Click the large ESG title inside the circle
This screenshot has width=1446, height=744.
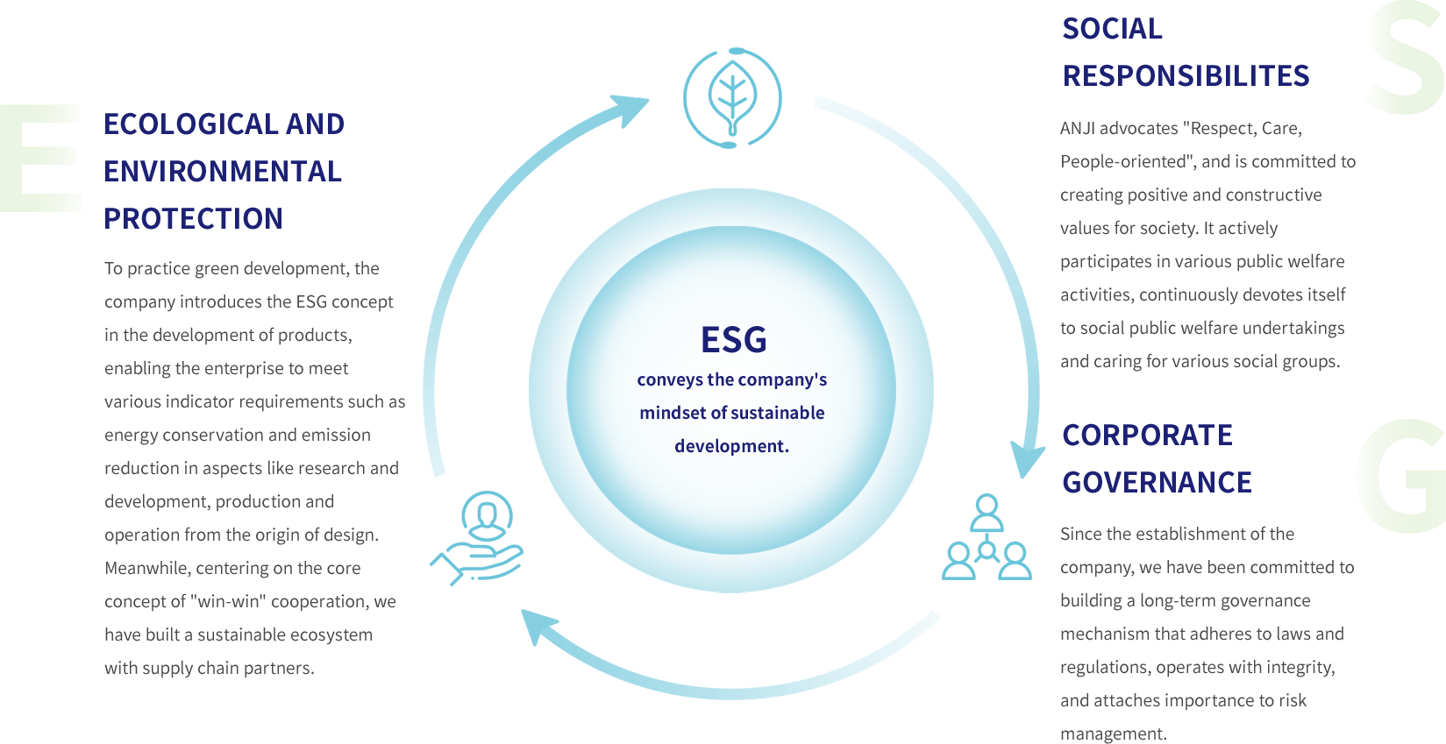tap(733, 340)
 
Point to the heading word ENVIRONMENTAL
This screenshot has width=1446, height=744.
tap(223, 172)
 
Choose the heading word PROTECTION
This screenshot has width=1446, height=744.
tap(194, 218)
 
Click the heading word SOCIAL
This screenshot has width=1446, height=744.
tap(1112, 30)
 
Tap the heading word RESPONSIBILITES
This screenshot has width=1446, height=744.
tap(1186, 76)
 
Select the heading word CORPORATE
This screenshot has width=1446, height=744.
tap(1148, 436)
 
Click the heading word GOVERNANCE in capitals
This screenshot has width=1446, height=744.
tap(1157, 482)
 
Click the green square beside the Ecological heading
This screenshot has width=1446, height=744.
tap(40, 158)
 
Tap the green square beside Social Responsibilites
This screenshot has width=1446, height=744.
tap(1404, 57)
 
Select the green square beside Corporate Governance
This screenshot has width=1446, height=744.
tap(1400, 476)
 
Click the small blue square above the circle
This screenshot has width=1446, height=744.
tap(732, 97)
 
